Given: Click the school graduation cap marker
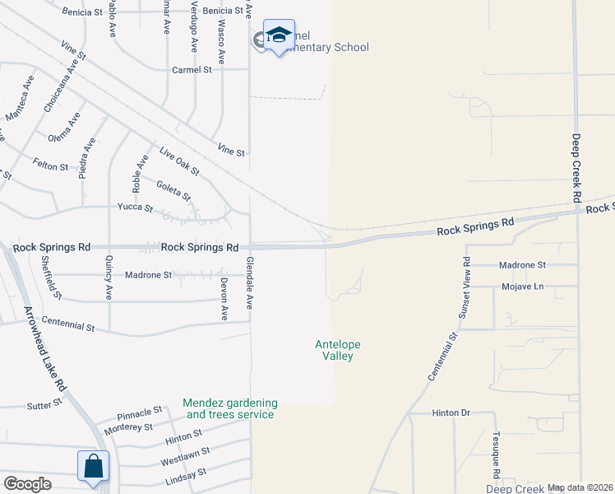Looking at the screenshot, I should [279, 35].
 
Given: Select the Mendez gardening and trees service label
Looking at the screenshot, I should [229, 408].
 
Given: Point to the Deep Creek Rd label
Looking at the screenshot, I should [576, 169].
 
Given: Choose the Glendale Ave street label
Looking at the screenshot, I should [248, 282].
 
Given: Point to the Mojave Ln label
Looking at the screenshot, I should [523, 287].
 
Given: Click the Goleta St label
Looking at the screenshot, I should [173, 191].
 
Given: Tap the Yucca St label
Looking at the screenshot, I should [135, 207].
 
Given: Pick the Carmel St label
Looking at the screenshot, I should [192, 70].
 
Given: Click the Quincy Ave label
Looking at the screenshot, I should [109, 279].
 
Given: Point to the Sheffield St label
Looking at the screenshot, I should [51, 279].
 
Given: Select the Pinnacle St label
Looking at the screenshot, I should [139, 412].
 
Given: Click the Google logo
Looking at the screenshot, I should [27, 484].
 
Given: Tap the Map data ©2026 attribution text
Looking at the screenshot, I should [580, 488].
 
